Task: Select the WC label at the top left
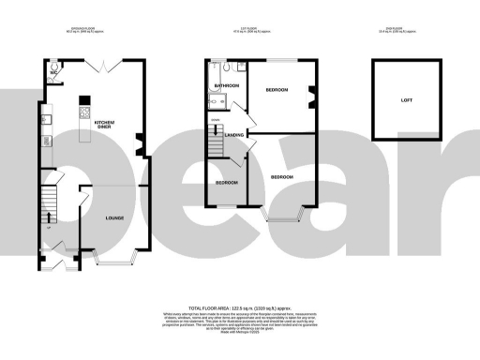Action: pos(54,70)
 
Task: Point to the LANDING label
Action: pos(235,134)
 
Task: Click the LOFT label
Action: pos(406,98)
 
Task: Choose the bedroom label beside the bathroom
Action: pos(276,91)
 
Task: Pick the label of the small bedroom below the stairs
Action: pos(227,182)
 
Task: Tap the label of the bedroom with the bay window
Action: pos(282,176)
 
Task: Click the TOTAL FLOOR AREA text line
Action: pos(240,307)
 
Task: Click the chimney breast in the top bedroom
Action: pos(311,95)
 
